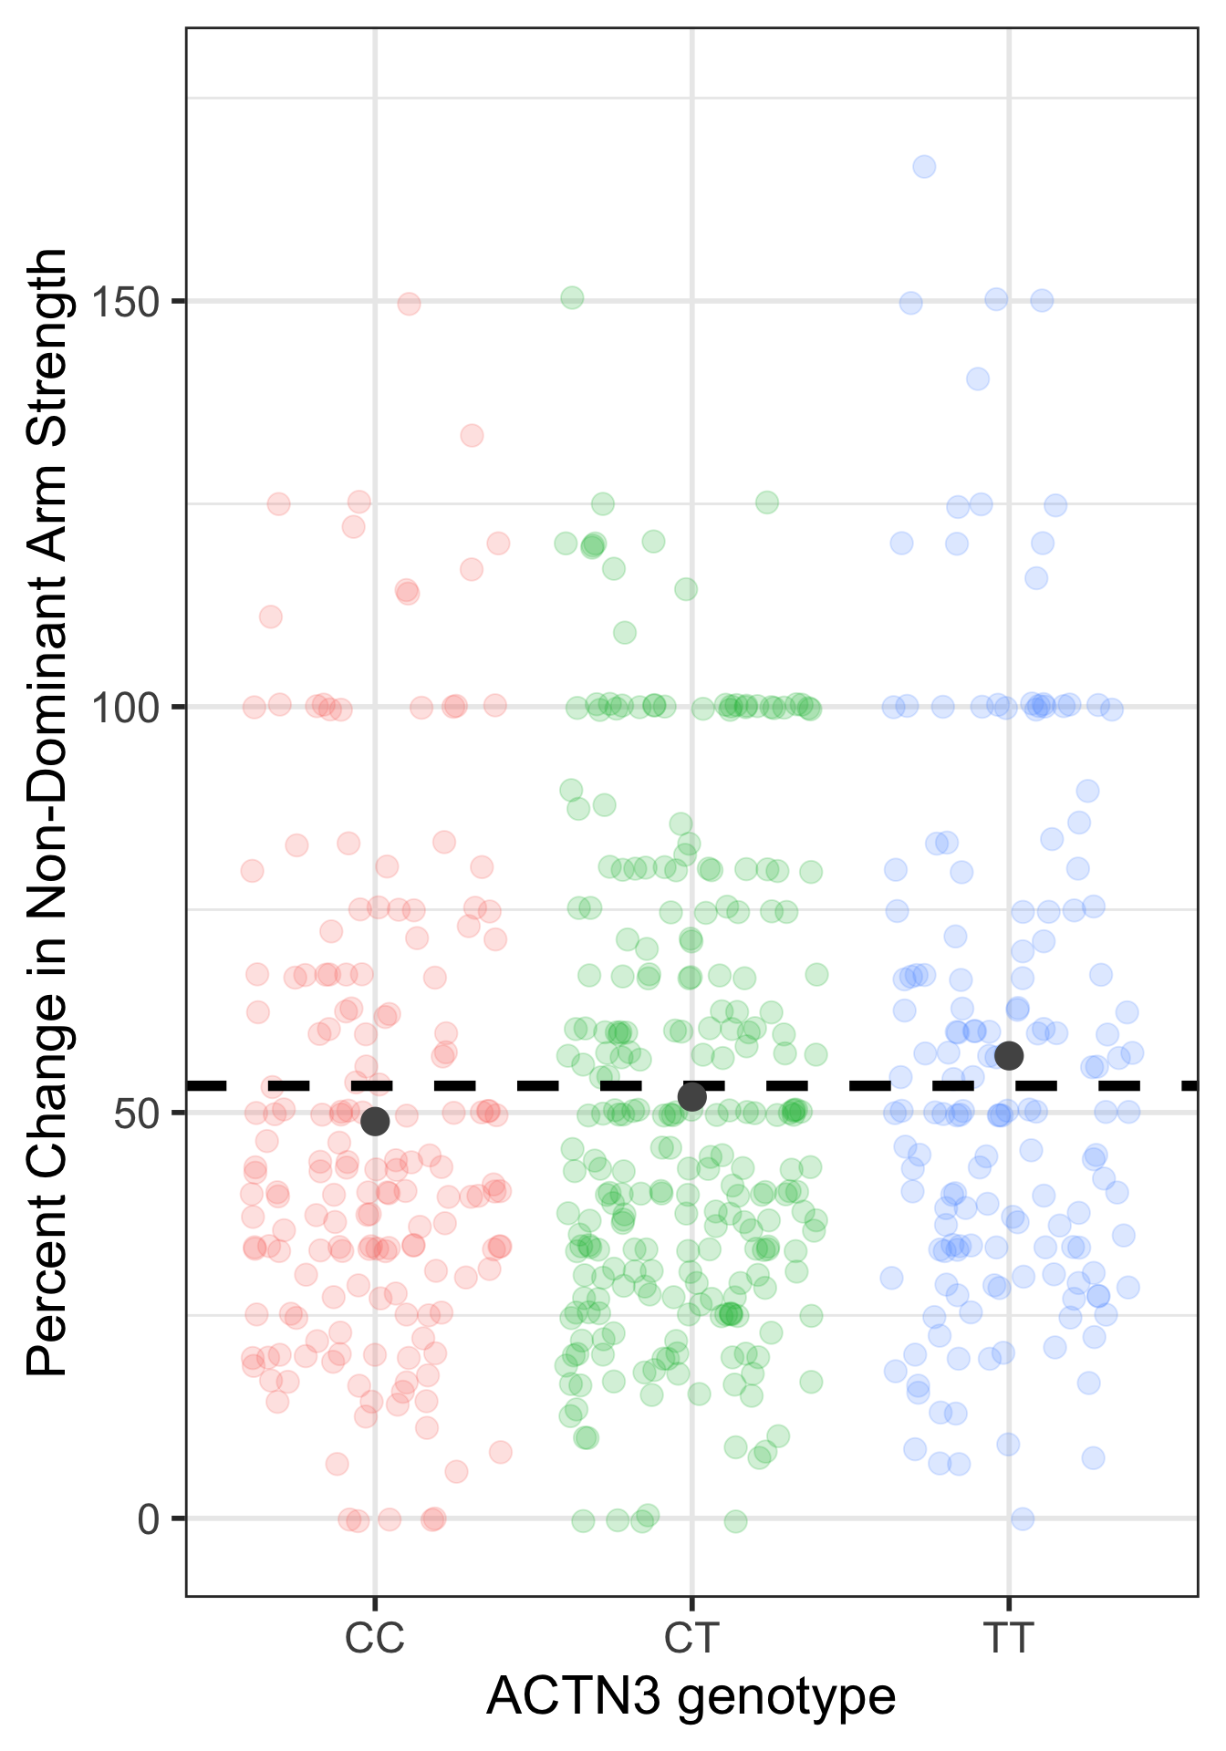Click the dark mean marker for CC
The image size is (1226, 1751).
[375, 1121]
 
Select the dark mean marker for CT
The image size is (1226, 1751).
[692, 1097]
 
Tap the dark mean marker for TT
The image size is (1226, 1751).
[1009, 1055]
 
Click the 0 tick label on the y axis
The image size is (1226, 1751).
[149, 1519]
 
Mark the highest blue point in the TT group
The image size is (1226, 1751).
[924, 166]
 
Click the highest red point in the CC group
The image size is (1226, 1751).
[409, 304]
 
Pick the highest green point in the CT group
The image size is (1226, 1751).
[572, 297]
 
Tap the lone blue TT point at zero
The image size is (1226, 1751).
[1023, 1518]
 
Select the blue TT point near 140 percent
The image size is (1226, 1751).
[978, 378]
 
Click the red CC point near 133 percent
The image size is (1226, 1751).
[472, 435]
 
